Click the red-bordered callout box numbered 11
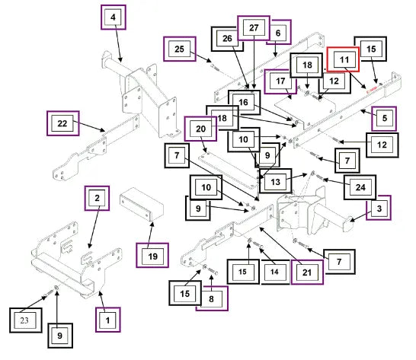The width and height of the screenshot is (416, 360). [x=343, y=59]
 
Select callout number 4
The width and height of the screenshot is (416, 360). [x=114, y=18]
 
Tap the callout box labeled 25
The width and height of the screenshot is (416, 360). [x=180, y=49]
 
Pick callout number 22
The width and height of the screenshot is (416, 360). [x=63, y=123]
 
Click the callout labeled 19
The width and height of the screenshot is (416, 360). [x=152, y=255]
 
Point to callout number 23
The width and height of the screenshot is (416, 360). [x=26, y=320]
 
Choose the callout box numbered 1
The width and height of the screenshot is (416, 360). [x=108, y=320]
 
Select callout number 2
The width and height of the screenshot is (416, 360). [x=97, y=199]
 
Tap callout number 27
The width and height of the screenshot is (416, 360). [x=254, y=28]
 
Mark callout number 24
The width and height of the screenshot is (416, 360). [x=360, y=187]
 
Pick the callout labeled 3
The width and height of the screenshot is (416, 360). [x=379, y=208]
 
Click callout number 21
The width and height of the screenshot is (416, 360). [x=307, y=272]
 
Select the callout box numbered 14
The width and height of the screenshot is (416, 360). [x=275, y=272]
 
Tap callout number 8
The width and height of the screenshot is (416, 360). [x=213, y=298]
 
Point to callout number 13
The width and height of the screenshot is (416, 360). [x=275, y=181]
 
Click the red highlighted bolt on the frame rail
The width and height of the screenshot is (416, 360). [x=372, y=91]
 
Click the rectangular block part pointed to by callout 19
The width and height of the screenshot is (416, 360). [x=142, y=204]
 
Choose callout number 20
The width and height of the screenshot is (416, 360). [x=200, y=129]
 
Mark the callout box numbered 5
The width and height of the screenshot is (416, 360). [x=384, y=119]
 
